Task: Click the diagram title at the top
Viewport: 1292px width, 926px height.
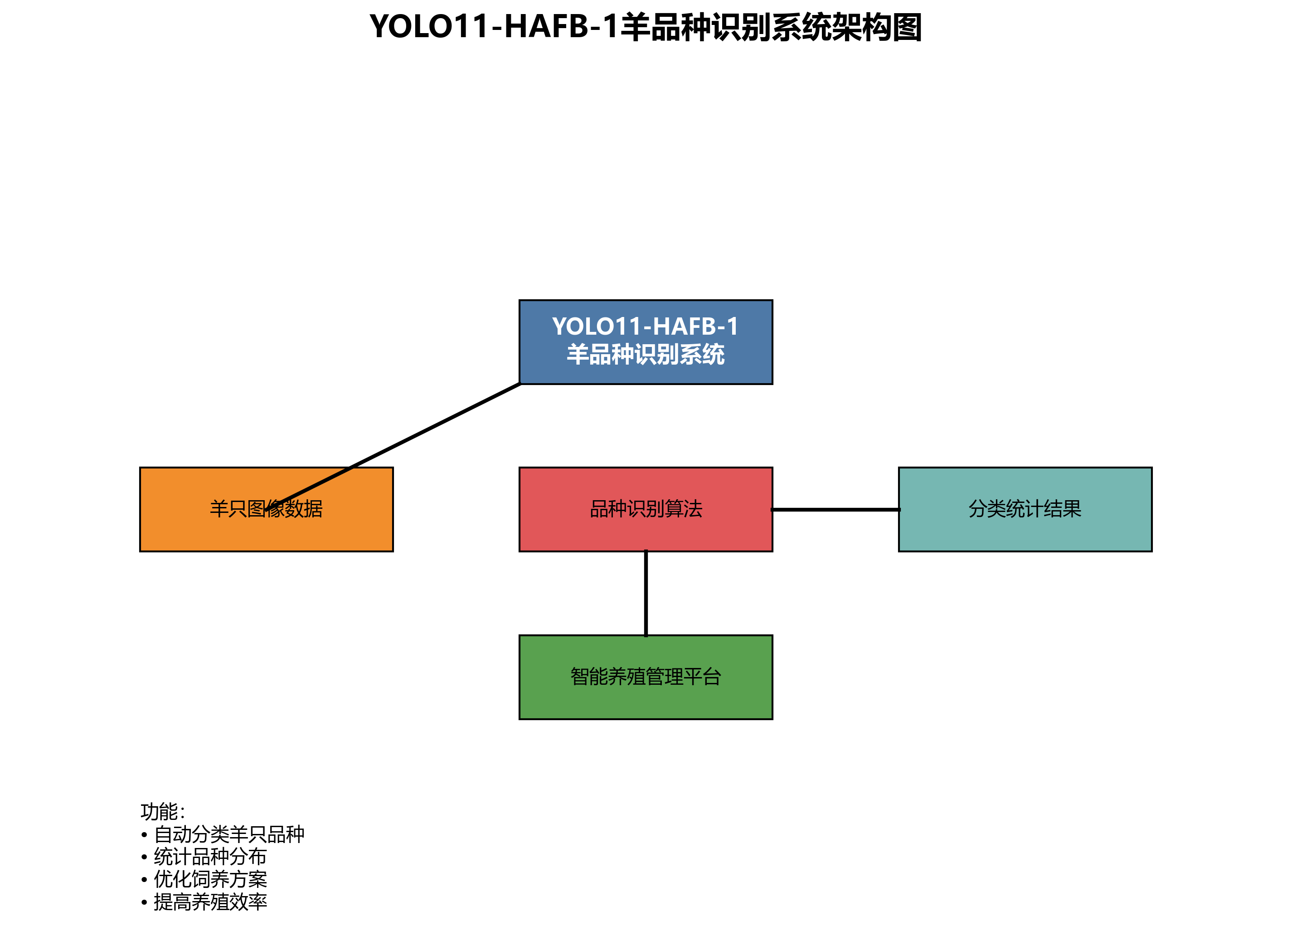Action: pyautogui.click(x=646, y=27)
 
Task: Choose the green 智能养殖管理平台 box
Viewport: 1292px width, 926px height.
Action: pyautogui.click(x=646, y=704)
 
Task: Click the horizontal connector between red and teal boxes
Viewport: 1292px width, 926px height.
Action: pyautogui.click(x=835, y=509)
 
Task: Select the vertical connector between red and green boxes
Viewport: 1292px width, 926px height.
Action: pyautogui.click(x=646, y=593)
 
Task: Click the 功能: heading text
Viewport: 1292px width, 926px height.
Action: pyautogui.click(x=162, y=811)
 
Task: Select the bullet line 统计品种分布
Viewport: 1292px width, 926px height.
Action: pyautogui.click(x=209, y=857)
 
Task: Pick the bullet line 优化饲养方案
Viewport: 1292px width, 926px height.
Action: pyautogui.click(x=209, y=879)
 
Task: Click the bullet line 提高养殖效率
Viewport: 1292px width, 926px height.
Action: pyautogui.click(x=209, y=902)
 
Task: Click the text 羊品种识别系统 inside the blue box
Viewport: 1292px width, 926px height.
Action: pyautogui.click(x=646, y=355)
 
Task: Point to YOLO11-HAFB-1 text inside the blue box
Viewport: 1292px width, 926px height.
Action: pyautogui.click(x=646, y=327)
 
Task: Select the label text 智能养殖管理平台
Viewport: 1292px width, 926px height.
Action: pyautogui.click(x=646, y=677)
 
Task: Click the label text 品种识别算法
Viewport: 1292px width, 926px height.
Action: pyautogui.click(x=646, y=509)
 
